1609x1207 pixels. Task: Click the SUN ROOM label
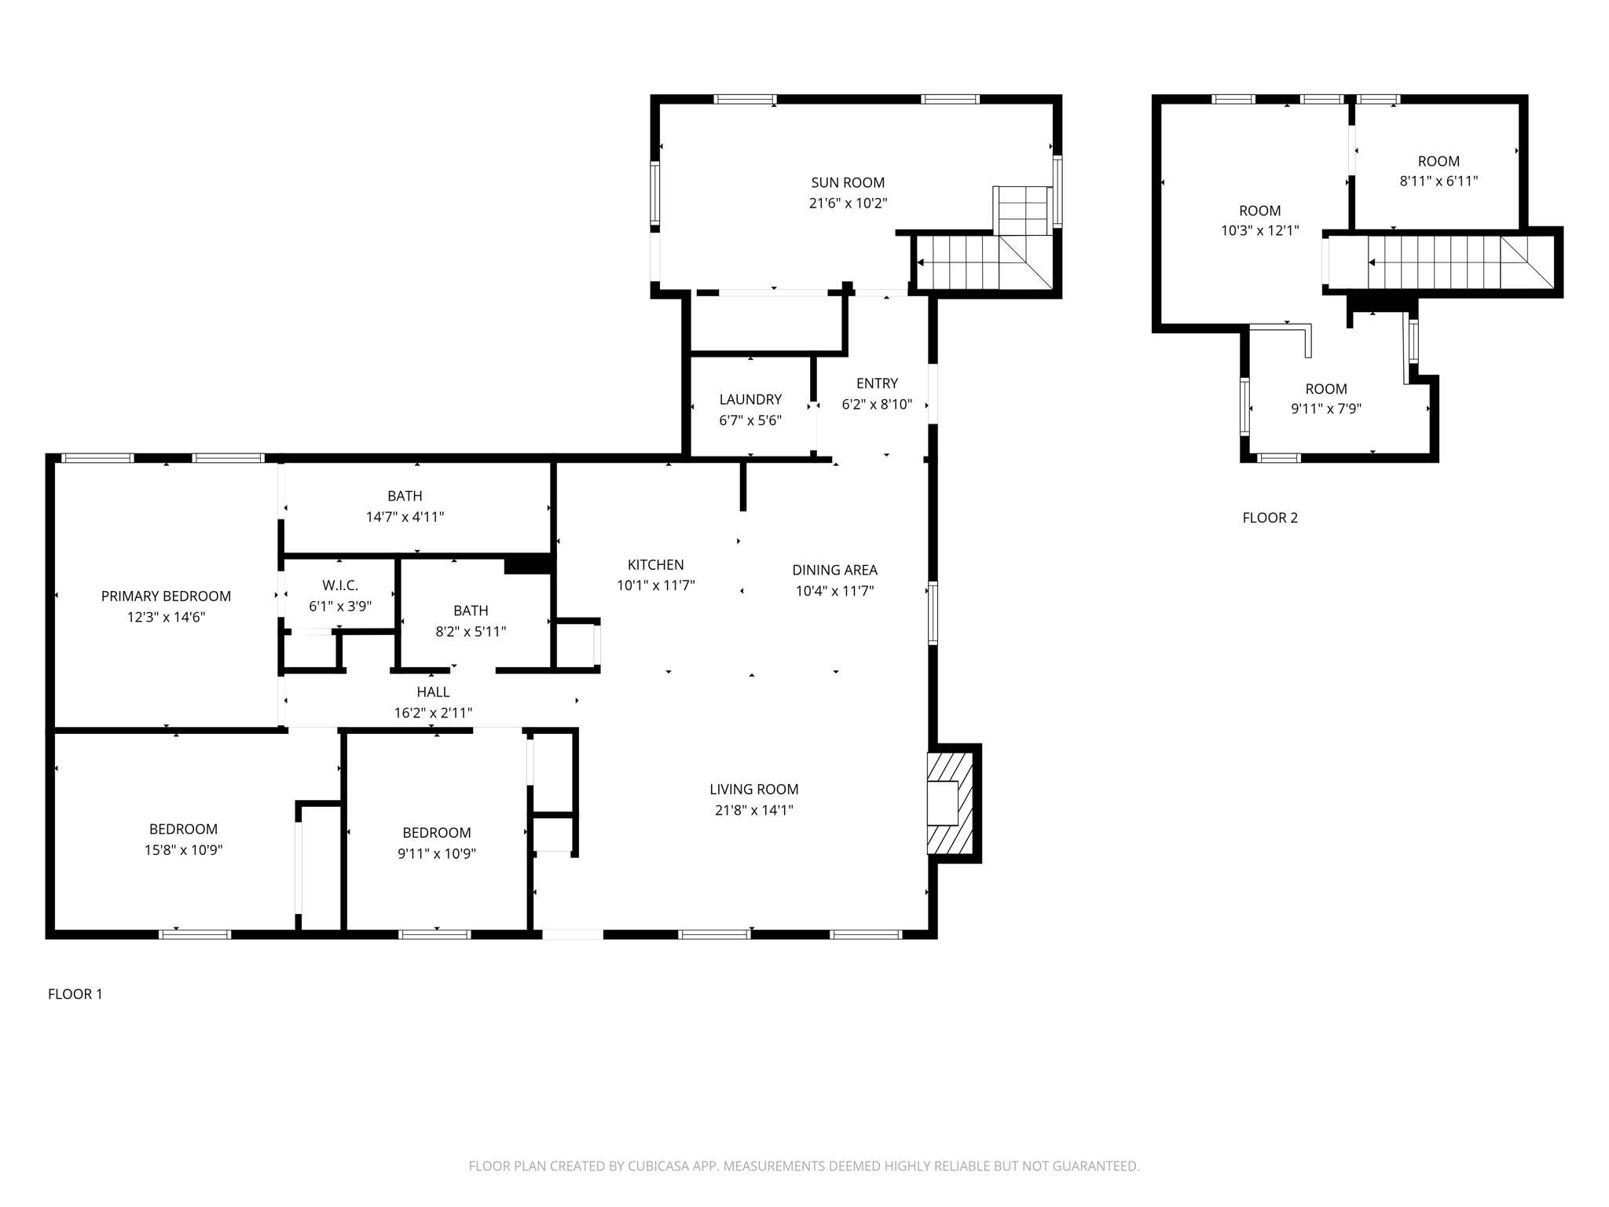[x=848, y=182]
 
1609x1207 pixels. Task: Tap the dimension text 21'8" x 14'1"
[x=753, y=810]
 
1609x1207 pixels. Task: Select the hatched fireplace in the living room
[x=950, y=803]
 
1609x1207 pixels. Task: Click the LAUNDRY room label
[x=750, y=399]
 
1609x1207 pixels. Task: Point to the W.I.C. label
[x=339, y=585]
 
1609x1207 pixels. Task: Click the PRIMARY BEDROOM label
[x=166, y=596]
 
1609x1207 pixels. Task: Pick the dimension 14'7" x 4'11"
[x=405, y=517]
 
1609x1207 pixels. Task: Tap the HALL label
[x=433, y=692]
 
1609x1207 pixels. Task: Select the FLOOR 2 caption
[x=1270, y=518]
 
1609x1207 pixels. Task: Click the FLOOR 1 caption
[x=75, y=994]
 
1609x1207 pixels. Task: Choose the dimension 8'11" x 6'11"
[x=1439, y=181]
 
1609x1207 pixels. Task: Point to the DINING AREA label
[x=834, y=570]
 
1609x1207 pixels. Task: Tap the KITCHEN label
[x=655, y=564]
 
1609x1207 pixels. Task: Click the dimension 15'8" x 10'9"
[x=183, y=849]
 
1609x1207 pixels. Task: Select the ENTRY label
[x=877, y=383]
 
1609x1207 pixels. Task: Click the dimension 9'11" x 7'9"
[x=1326, y=409]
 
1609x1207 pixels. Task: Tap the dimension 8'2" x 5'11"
[x=471, y=631]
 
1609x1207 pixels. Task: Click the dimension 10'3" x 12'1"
[x=1259, y=231]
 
